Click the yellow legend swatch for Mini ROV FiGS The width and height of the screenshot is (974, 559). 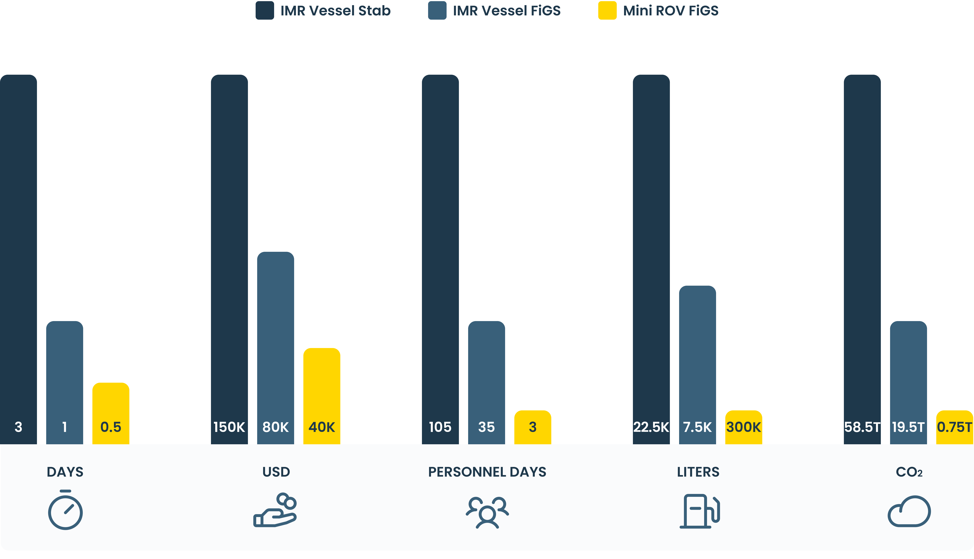click(607, 10)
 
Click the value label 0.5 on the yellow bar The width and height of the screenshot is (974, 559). click(110, 427)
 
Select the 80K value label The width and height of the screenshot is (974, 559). click(275, 427)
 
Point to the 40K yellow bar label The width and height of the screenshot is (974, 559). click(322, 427)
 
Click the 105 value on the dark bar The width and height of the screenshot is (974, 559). click(440, 427)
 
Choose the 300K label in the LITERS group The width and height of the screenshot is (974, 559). click(743, 427)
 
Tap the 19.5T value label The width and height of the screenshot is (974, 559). click(908, 427)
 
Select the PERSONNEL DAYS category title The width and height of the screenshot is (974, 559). click(487, 472)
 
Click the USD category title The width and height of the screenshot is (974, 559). click(276, 472)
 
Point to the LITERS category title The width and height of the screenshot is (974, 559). click(698, 472)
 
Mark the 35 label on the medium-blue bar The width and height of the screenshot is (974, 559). click(486, 427)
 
